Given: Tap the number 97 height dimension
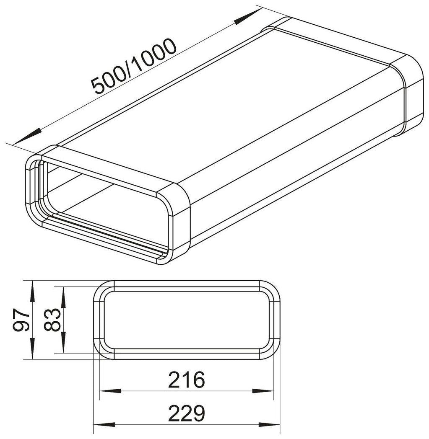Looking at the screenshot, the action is [22, 320].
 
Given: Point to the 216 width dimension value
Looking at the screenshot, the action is [187, 380].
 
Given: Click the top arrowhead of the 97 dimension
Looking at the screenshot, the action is [33, 291].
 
